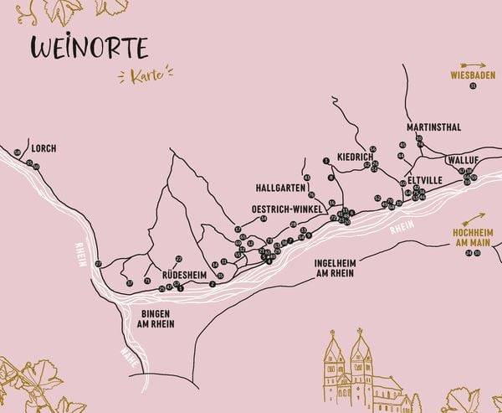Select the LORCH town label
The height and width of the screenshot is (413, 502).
(x=44, y=148)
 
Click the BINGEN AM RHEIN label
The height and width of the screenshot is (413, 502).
(x=153, y=317)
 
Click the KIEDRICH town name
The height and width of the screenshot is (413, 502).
(x=353, y=157)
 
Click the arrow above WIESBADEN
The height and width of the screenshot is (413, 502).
(x=473, y=65)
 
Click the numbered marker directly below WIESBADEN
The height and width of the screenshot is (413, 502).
(x=473, y=86)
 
